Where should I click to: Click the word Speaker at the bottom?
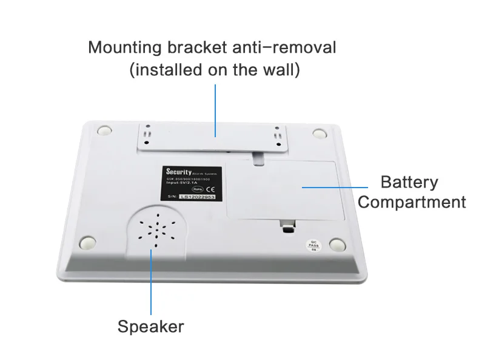[150, 327]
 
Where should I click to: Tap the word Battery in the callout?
[409, 182]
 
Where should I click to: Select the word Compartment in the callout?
[412, 202]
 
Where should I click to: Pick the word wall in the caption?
[277, 70]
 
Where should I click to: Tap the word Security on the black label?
[178, 172]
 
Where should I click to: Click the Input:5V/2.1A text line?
[183, 181]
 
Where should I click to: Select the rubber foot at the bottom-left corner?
[87, 242]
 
